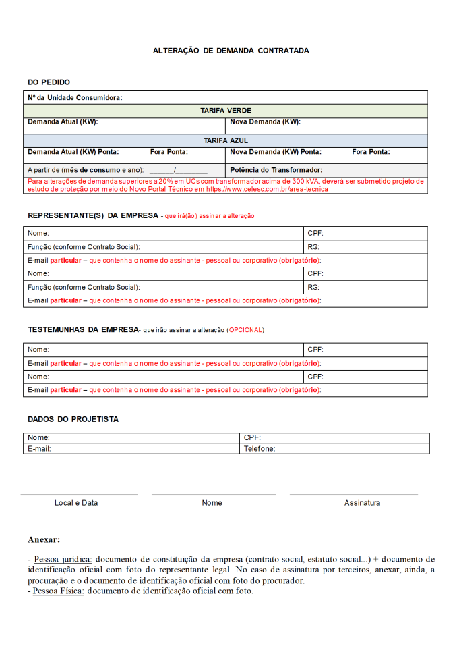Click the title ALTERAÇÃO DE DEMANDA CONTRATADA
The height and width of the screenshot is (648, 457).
tap(231, 51)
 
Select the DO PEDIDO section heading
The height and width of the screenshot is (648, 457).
tap(49, 82)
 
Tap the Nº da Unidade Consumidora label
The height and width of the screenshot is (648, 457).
tap(75, 97)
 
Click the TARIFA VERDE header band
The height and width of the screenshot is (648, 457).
tap(226, 110)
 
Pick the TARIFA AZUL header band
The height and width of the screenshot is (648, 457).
tap(226, 140)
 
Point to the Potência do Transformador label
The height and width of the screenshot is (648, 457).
tap(276, 170)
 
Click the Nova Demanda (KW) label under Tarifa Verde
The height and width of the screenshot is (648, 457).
tap(265, 122)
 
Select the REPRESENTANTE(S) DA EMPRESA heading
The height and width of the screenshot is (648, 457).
tap(92, 215)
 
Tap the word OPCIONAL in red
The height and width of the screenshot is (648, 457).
tap(245, 330)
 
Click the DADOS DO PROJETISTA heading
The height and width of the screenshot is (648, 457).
tap(73, 419)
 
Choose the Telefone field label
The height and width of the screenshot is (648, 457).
tap(259, 448)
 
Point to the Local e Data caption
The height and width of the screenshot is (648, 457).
tap(76, 503)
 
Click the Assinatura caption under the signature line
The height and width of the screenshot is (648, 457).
tap(362, 503)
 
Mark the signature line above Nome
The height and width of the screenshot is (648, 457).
tap(213, 495)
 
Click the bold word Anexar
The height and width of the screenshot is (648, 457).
tap(44, 540)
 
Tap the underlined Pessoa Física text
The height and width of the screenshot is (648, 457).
tap(59, 591)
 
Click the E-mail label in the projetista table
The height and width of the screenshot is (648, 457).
tap(39, 448)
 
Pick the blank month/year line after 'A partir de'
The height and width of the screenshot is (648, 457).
tap(178, 171)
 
